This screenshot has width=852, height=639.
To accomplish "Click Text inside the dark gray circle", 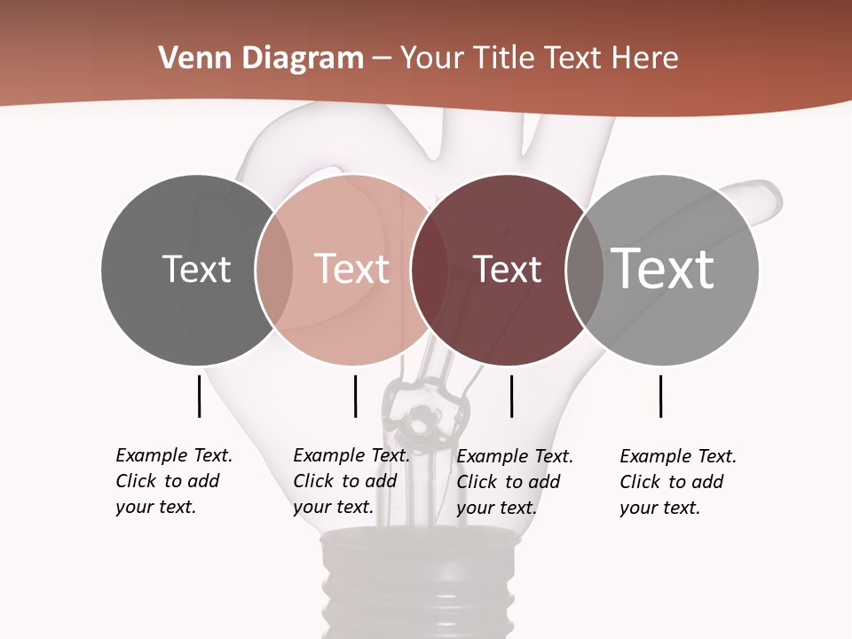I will [x=196, y=269].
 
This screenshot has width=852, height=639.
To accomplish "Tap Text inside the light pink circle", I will [x=351, y=269].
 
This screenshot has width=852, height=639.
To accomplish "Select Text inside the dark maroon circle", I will [x=507, y=269].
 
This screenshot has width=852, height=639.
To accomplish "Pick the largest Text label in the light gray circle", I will [x=662, y=268].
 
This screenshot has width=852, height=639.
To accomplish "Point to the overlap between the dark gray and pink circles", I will [x=274, y=270].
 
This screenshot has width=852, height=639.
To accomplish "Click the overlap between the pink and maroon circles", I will [x=429, y=270].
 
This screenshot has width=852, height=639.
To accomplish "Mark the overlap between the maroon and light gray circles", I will [x=584, y=270].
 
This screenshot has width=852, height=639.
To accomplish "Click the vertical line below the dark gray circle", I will [x=200, y=396].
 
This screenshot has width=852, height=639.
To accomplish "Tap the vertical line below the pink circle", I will [x=355, y=396].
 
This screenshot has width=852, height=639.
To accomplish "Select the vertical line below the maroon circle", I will [x=511, y=396].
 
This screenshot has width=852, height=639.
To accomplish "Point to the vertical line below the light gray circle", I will [x=661, y=396].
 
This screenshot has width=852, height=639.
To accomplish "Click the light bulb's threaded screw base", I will [x=417, y=586].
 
